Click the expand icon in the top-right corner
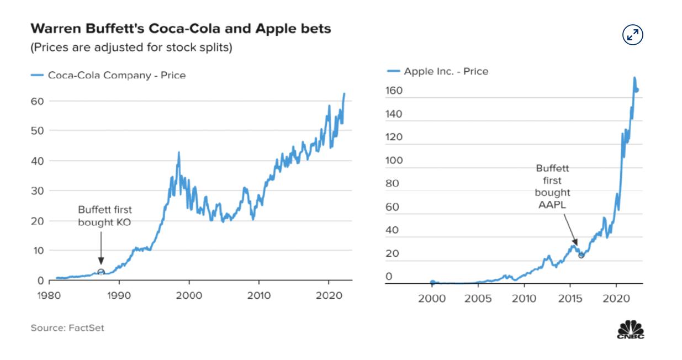(633, 35)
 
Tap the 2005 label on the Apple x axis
(478, 299)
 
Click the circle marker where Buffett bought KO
(101, 272)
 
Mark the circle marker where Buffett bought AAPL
(581, 255)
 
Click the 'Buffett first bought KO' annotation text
(105, 215)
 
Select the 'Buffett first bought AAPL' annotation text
(552, 187)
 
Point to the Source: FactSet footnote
(67, 328)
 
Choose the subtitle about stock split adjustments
(131, 47)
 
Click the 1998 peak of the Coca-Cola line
(178, 152)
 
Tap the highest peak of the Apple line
(634, 78)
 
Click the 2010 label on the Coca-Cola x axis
(259, 296)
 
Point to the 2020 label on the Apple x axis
(616, 299)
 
